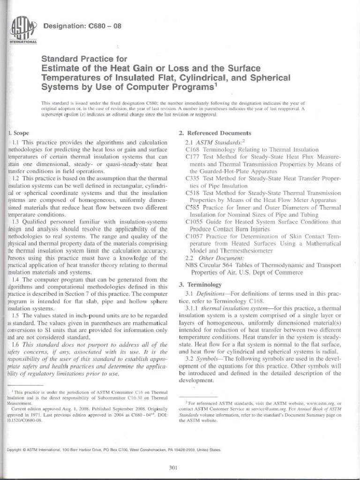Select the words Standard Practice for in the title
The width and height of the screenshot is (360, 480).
[84, 59]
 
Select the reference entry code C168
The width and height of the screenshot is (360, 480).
[194, 150]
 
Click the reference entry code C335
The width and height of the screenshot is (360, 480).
[194, 179]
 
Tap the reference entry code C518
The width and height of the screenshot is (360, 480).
[194, 193]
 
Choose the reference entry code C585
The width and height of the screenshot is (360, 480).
[194, 207]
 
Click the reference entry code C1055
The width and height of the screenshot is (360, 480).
[195, 222]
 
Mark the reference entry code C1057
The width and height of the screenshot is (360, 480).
[195, 236]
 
